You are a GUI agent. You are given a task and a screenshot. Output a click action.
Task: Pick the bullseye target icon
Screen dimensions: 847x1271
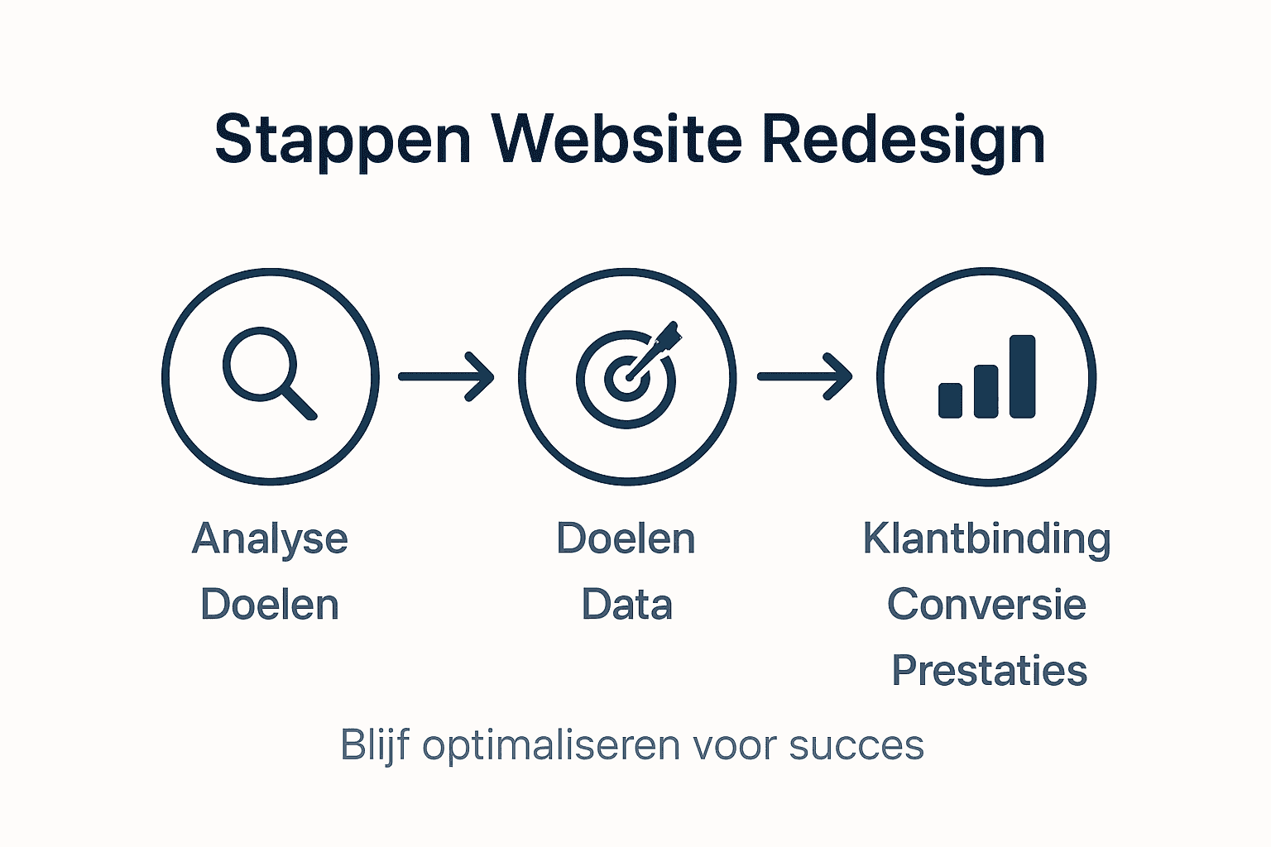(626, 379)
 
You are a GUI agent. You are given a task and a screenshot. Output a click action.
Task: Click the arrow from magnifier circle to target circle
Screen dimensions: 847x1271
(446, 376)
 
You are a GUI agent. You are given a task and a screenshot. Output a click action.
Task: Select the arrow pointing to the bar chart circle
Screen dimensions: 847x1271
(804, 376)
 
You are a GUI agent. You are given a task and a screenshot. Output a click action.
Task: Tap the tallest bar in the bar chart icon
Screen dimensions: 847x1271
(1022, 376)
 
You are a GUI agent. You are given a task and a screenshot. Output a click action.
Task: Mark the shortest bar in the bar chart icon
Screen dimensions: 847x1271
(950, 400)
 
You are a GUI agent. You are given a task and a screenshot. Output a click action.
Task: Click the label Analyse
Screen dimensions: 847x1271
(270, 539)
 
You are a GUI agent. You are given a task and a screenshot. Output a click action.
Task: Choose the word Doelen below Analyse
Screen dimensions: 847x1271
(270, 605)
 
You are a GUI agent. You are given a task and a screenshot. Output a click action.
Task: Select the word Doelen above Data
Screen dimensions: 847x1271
(626, 538)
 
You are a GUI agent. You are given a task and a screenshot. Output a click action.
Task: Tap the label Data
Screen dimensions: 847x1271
(626, 605)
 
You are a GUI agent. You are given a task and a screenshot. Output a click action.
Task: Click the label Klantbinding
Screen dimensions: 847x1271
(986, 539)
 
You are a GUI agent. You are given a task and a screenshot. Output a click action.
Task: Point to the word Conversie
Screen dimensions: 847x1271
(986, 605)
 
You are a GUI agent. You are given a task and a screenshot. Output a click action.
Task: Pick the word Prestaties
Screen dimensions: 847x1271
(989, 671)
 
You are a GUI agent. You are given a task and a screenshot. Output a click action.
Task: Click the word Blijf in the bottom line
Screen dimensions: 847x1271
(375, 745)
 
